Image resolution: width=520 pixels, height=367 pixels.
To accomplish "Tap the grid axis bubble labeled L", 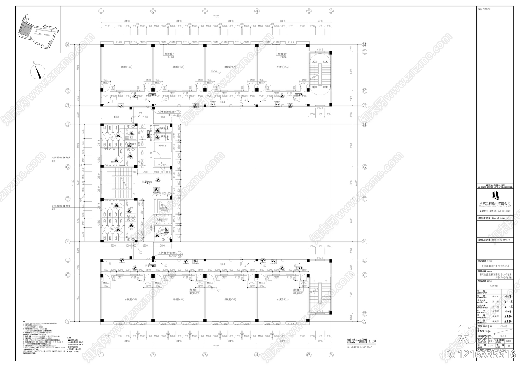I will tap(365, 52).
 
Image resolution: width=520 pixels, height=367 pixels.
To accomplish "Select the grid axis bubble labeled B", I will tap(365, 314).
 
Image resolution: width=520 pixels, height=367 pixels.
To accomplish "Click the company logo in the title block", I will tap(495, 195).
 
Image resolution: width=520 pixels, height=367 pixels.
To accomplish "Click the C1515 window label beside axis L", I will tap(320, 50).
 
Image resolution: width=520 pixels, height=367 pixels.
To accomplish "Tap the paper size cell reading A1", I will tap(504, 347).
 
